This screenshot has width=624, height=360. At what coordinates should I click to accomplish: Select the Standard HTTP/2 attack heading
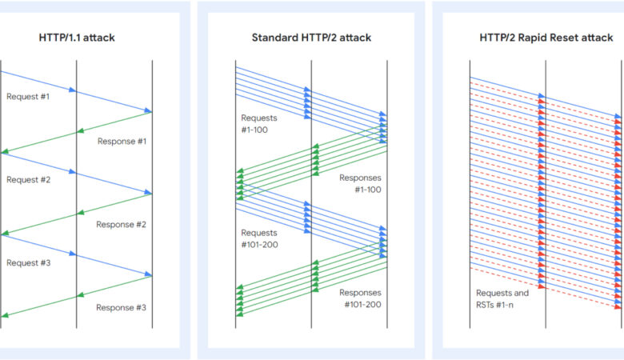coord(311,37)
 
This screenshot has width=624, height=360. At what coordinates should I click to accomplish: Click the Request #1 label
coord(28,96)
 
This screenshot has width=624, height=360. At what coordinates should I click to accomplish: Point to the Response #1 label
coord(122,142)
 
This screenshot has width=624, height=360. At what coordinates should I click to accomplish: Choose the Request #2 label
coord(28,180)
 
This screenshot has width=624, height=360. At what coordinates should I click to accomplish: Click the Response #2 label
coord(121,225)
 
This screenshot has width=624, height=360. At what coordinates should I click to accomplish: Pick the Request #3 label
coord(28,262)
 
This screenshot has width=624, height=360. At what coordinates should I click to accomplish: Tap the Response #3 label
coord(121,307)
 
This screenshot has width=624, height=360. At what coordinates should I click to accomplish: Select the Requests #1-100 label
coord(259,123)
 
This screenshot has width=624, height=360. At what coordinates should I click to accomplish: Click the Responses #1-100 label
coord(361,183)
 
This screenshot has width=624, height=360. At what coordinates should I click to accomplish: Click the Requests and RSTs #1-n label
coord(502,298)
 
